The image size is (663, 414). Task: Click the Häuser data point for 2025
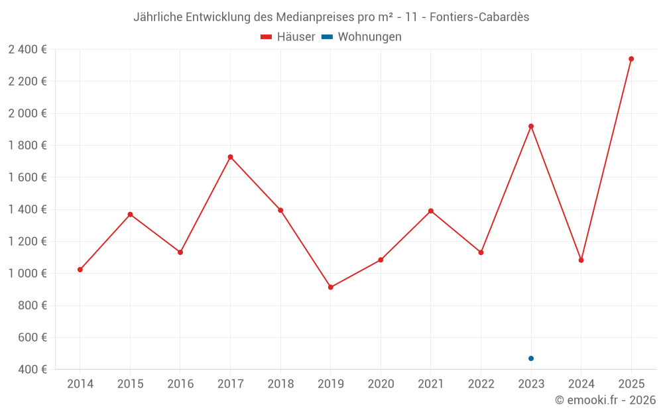[x=631, y=59]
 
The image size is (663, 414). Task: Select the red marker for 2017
[x=230, y=157]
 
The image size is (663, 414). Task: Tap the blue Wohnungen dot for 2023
[x=531, y=358]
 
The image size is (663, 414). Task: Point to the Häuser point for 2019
[x=330, y=287]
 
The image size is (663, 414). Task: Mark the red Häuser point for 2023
[x=531, y=127]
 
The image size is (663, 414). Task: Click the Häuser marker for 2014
[x=80, y=270]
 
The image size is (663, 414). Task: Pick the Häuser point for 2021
[x=431, y=211]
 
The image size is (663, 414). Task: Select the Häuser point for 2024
[x=581, y=260]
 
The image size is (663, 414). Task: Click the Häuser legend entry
[x=288, y=37]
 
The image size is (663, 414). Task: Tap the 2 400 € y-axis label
[x=27, y=50]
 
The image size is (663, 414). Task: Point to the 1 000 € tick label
[x=27, y=274]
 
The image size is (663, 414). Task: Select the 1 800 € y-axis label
[x=27, y=146]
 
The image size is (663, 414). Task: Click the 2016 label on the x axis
[x=180, y=384]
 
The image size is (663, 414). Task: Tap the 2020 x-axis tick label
[x=381, y=384]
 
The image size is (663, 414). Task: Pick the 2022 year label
[x=481, y=384]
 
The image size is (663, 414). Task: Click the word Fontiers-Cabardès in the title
[x=479, y=17]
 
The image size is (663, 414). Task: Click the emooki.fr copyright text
[x=605, y=400]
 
